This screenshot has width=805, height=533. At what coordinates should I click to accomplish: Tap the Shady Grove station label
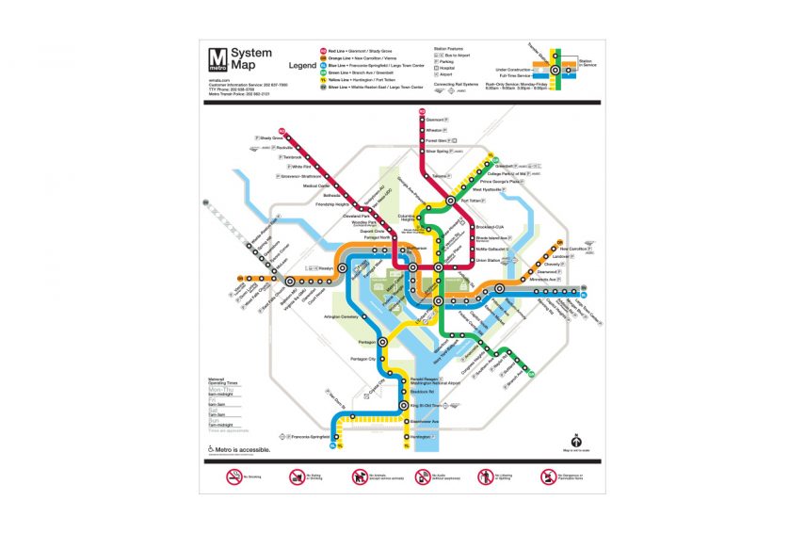tap(271, 138)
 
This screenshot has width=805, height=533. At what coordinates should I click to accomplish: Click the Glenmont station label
tap(435, 121)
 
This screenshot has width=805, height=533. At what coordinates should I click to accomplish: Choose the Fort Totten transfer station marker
tap(451, 201)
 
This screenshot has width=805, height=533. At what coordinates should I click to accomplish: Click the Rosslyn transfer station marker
tap(342, 267)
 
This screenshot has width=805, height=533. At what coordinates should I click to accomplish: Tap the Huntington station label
tap(420, 437)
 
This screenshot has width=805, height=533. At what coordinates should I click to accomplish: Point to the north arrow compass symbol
tap(575, 437)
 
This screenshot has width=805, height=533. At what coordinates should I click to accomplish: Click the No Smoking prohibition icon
tap(234, 477)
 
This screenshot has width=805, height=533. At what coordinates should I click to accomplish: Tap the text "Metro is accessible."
tap(242, 449)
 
